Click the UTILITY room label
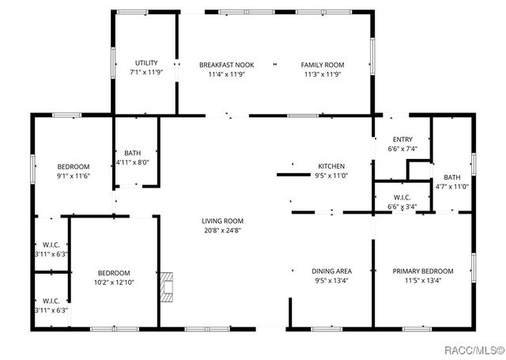(x=146, y=63)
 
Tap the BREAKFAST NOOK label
(x=226, y=64)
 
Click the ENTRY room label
(x=402, y=139)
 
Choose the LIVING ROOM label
(x=222, y=221)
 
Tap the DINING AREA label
(x=331, y=271)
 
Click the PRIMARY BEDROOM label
(x=423, y=271)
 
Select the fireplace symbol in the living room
(x=165, y=288)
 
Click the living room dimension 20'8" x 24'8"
(x=222, y=231)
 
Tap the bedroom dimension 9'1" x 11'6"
(x=74, y=176)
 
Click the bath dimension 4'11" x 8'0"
(x=132, y=162)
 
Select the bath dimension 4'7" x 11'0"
(x=452, y=187)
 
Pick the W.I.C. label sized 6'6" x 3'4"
(x=402, y=207)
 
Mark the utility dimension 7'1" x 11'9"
(x=146, y=73)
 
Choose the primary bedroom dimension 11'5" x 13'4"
(x=423, y=280)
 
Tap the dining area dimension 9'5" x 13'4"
(x=331, y=280)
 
